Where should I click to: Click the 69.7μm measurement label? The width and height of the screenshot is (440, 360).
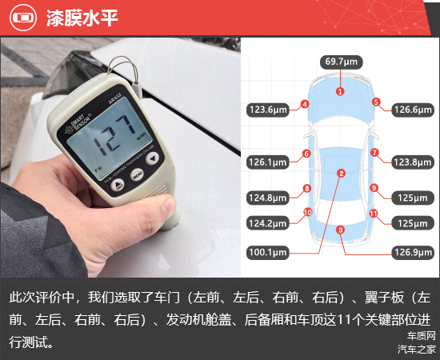342,62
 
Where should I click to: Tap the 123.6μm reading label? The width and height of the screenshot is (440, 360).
268,110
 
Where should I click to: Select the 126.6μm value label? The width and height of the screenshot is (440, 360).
413,110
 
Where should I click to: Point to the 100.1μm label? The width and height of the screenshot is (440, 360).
268,253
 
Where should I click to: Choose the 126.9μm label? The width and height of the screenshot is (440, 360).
413,253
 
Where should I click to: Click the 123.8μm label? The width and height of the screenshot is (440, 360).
413,162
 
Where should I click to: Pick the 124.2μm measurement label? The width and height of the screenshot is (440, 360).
268,223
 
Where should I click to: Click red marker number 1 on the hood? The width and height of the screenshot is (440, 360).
340,91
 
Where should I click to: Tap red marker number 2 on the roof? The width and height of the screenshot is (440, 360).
342,174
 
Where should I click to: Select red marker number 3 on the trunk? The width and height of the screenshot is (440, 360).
340,230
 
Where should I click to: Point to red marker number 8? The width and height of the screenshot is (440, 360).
307,188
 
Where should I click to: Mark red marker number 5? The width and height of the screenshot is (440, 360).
376,102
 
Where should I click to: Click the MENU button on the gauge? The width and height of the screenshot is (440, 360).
138,175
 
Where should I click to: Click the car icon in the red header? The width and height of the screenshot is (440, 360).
23,18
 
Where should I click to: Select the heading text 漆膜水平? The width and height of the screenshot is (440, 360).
82,18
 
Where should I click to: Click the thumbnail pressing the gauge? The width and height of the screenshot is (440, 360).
168,207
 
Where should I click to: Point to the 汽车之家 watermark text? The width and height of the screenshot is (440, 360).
417,350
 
